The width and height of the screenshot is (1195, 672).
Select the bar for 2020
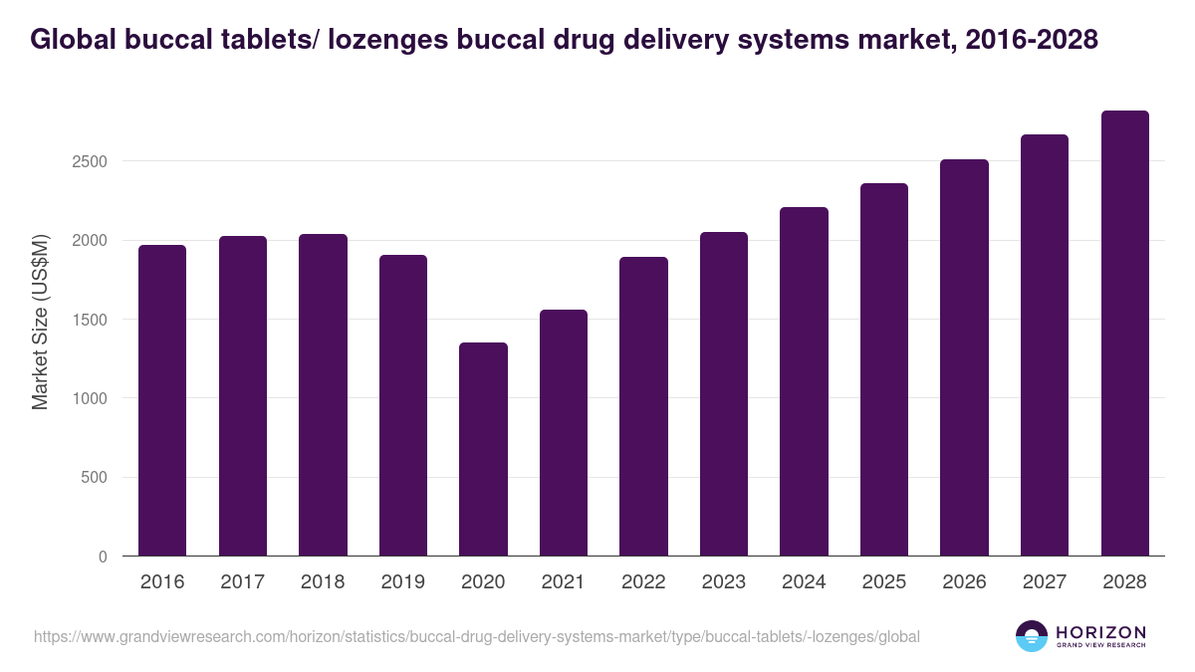pyautogui.click(x=483, y=449)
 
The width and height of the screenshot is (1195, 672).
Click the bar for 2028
pyautogui.click(x=1124, y=334)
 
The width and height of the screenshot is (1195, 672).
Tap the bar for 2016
pyautogui.click(x=162, y=400)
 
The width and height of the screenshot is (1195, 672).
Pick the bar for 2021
pyautogui.click(x=564, y=433)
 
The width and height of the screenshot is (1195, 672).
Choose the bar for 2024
pyautogui.click(x=804, y=381)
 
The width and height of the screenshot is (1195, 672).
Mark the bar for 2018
pyautogui.click(x=323, y=395)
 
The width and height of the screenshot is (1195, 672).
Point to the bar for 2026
pyautogui.click(x=964, y=357)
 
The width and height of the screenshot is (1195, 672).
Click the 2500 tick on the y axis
pyautogui.click(x=89, y=161)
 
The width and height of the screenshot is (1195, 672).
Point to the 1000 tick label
pyautogui.click(x=89, y=398)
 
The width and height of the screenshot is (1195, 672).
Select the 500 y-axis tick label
pyautogui.click(x=94, y=478)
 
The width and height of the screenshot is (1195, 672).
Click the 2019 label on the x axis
pyautogui.click(x=402, y=582)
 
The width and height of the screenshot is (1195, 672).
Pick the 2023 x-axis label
pyautogui.click(x=723, y=582)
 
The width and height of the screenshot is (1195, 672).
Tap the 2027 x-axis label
pyautogui.click(x=1044, y=582)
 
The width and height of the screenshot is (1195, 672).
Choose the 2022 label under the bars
pyautogui.click(x=643, y=582)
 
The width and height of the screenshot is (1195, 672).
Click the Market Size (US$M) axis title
pyautogui.click(x=41, y=321)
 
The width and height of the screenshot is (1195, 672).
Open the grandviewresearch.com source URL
pyautogui.click(x=476, y=636)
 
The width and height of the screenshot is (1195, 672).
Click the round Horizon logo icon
pyautogui.click(x=1031, y=636)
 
